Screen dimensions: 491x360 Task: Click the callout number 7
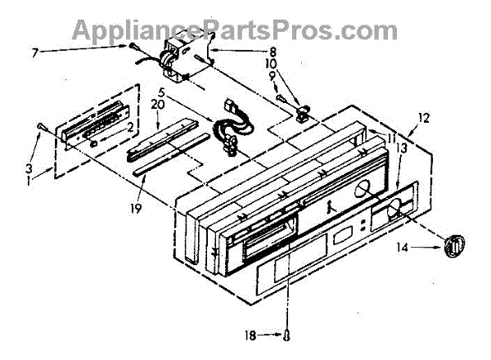point(34,53)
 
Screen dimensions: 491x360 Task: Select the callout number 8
point(272,52)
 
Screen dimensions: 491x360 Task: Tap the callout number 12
point(424,119)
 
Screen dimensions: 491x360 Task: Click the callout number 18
point(250,336)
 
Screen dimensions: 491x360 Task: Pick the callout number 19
point(136,208)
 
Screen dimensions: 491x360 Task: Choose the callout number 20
point(158,105)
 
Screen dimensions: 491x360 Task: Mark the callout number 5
point(161,93)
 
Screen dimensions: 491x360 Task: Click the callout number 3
point(29,169)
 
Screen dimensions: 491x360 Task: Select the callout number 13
point(402,149)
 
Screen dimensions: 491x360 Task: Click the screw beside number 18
point(287,336)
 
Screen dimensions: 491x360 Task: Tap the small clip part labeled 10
point(302,114)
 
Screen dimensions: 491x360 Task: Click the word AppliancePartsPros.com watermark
point(235,30)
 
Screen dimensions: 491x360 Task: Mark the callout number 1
point(29,182)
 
